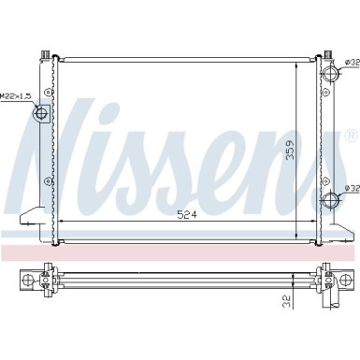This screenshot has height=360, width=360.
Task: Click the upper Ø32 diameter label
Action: coord(351,64)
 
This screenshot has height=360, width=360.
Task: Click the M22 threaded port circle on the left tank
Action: coord(40,115)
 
